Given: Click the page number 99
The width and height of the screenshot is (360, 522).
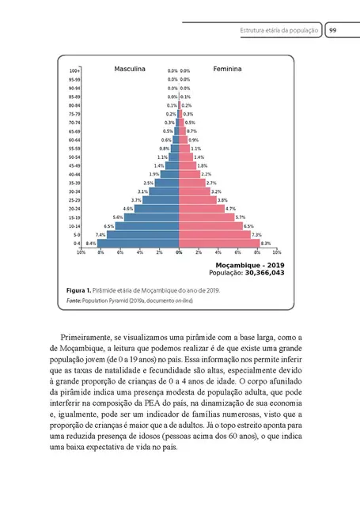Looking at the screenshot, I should pyautogui.click(x=334, y=31).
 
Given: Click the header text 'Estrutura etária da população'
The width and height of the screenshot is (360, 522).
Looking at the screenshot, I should pyautogui.click(x=280, y=31).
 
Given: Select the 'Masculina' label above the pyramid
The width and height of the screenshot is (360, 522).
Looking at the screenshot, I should pyautogui.click(x=130, y=70).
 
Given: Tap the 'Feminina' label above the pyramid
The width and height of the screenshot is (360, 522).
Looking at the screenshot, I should pyautogui.click(x=228, y=70).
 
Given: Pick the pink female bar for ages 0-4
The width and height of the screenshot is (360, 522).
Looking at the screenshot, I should pyautogui.click(x=219, y=244).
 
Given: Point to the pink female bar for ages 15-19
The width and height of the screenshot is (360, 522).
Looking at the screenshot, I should pyautogui.click(x=207, y=217).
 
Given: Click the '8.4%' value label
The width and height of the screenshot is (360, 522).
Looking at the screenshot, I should pyautogui.click(x=91, y=244).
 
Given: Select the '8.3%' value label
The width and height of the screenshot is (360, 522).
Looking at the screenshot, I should pyautogui.click(x=266, y=244).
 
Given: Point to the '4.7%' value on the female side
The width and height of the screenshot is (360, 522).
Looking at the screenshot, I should pyautogui.click(x=231, y=209).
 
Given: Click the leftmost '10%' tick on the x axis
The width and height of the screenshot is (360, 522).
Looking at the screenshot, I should pyautogui.click(x=81, y=253).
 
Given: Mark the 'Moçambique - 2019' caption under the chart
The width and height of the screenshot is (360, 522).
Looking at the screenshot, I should pyautogui.click(x=249, y=264).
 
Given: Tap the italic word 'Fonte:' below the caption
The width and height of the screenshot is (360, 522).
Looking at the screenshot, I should pyautogui.click(x=74, y=301).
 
